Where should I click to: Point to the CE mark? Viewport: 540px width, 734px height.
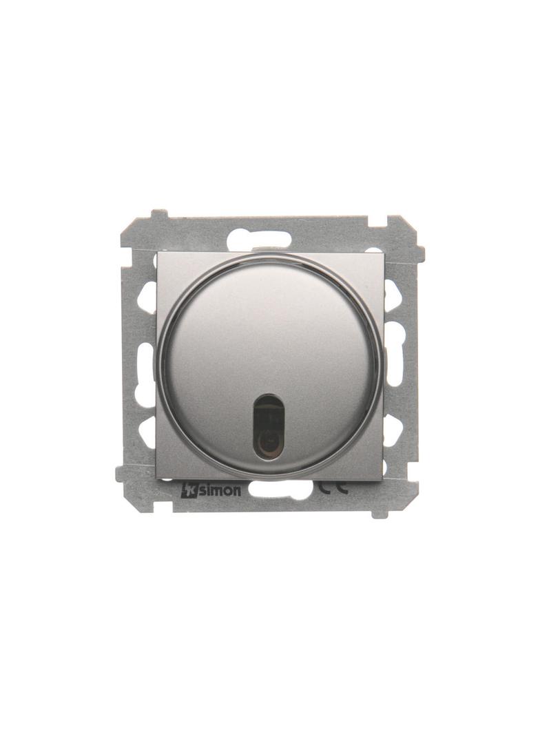333,489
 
